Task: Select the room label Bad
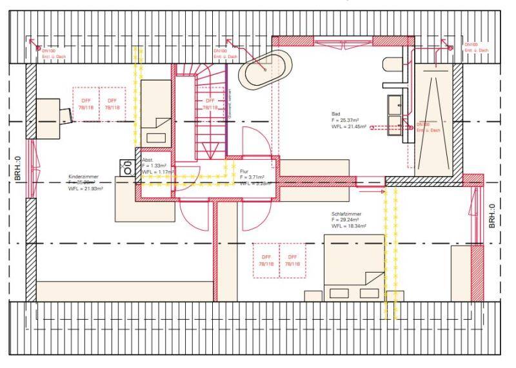[x=335, y=113]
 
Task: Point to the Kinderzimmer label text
[x=84, y=175]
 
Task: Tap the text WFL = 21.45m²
[x=349, y=127]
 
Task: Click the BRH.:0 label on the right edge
[x=491, y=216]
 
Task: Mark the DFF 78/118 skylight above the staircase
[x=210, y=104]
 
